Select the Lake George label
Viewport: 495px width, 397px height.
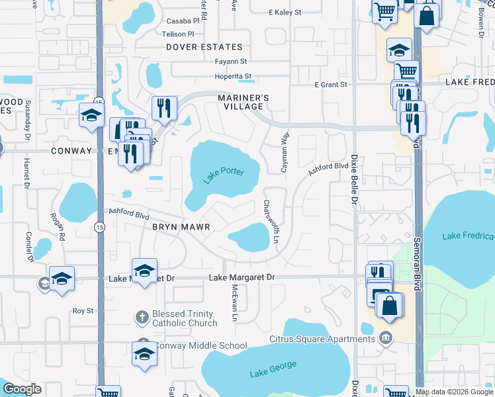pos(273,369)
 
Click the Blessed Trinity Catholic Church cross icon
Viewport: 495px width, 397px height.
pos(141,318)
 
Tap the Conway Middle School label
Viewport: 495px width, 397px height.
pos(201,346)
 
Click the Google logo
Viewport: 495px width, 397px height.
pos(22,389)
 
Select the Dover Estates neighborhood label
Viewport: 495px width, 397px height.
pos(204,47)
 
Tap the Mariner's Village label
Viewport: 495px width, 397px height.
pos(244,102)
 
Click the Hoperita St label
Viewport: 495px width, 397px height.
pos(233,76)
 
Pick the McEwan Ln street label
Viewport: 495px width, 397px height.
pos(234,303)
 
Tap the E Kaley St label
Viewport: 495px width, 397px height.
pos(285,13)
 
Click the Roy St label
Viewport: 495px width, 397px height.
pos(83,310)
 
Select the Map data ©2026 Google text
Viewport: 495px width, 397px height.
pos(454,392)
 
